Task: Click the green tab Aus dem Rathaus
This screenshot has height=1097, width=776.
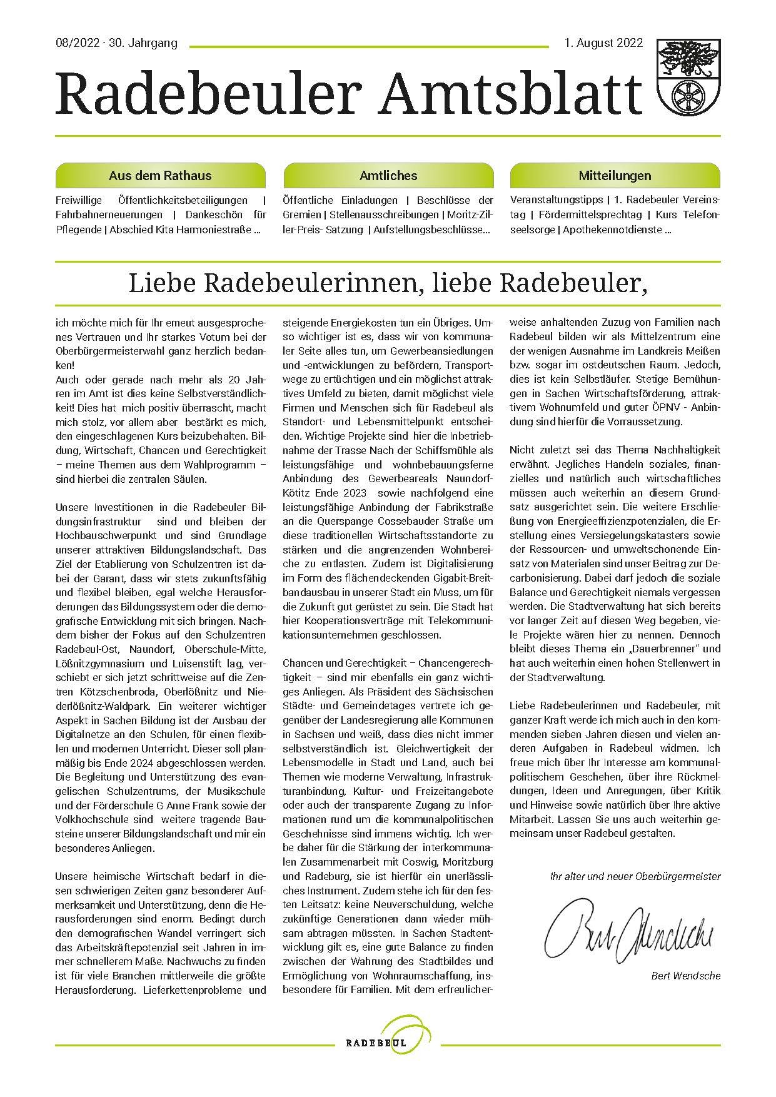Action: click(160, 176)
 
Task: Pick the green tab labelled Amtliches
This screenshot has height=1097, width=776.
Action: click(388, 176)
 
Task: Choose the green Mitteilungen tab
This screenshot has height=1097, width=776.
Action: click(615, 176)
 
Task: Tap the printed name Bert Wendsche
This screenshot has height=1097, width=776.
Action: click(685, 975)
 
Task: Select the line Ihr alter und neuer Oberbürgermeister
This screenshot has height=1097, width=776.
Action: click(635, 876)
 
